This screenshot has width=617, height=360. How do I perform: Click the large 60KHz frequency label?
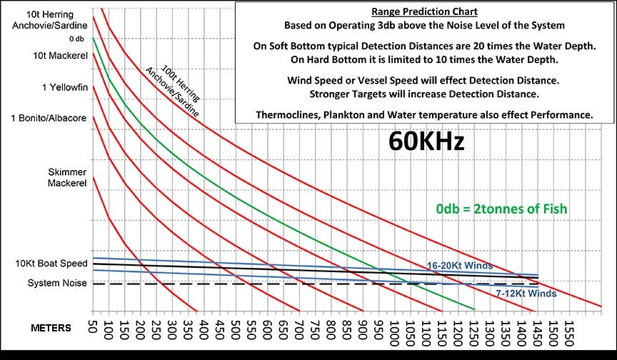click(426, 141)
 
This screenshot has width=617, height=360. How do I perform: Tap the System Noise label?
click(57, 284)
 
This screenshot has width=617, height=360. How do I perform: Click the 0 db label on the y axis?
click(77, 39)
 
